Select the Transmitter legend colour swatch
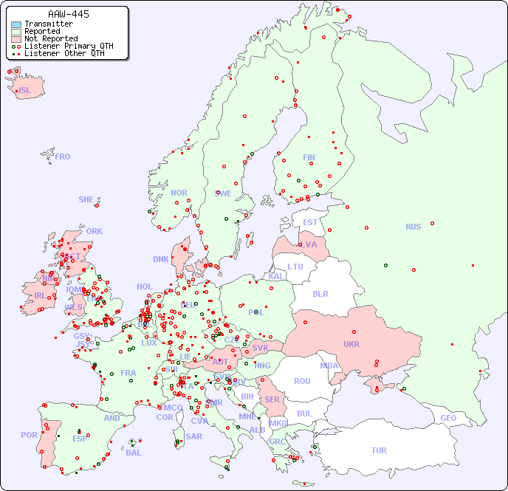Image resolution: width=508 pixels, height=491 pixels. (16, 24)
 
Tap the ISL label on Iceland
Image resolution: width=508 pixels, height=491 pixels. (25, 91)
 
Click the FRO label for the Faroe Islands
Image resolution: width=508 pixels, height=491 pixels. (63, 157)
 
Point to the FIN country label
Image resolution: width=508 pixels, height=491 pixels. (309, 157)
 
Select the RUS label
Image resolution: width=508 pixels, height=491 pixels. (413, 227)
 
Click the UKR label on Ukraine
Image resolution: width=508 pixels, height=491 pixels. (351, 344)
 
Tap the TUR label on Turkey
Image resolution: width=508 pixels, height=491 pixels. (378, 450)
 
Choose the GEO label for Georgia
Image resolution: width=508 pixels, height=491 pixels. (448, 418)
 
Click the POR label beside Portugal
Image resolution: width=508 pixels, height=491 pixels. (29, 435)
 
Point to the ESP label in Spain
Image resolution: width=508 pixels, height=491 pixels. (80, 439)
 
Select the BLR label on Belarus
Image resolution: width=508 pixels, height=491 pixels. (320, 293)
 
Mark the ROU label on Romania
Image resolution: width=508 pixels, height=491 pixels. (302, 381)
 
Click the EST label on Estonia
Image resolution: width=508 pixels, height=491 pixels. (310, 222)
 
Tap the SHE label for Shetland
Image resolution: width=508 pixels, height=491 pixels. (86, 199)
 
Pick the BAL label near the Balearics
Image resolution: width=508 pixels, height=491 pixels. (133, 453)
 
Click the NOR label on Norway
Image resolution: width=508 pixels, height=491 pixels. (179, 193)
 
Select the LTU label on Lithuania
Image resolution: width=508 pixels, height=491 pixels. (295, 267)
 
